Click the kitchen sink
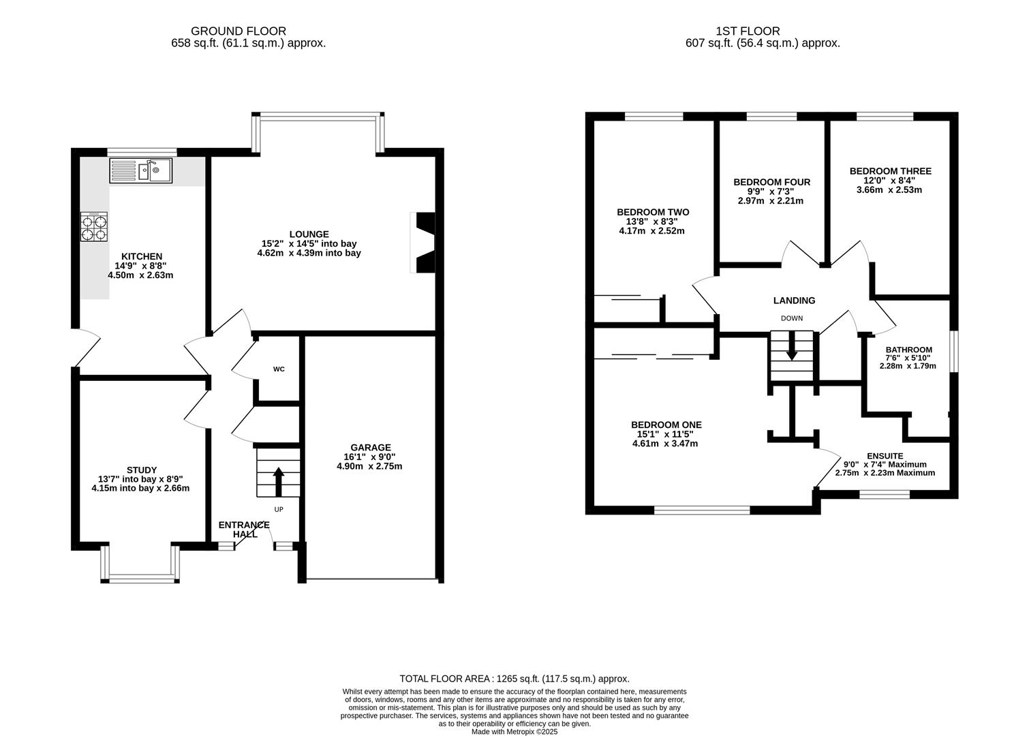[x=140, y=170]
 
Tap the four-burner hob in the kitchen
[x=94, y=227]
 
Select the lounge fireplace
[x=423, y=243]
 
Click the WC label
[x=279, y=369]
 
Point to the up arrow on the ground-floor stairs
[x=279, y=482]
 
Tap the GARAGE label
[x=371, y=448]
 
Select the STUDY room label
[x=142, y=470]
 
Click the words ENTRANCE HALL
[x=244, y=530]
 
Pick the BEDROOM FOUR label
[x=771, y=183]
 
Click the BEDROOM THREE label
[x=890, y=171]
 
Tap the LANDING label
[x=795, y=301]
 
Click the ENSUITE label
[x=885, y=456]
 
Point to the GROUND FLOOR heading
[x=239, y=31]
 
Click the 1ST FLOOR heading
[x=748, y=31]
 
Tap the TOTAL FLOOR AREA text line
[x=514, y=679]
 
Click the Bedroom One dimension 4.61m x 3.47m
[x=665, y=444]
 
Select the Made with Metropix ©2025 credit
[x=514, y=732]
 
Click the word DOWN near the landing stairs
[x=792, y=318]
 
